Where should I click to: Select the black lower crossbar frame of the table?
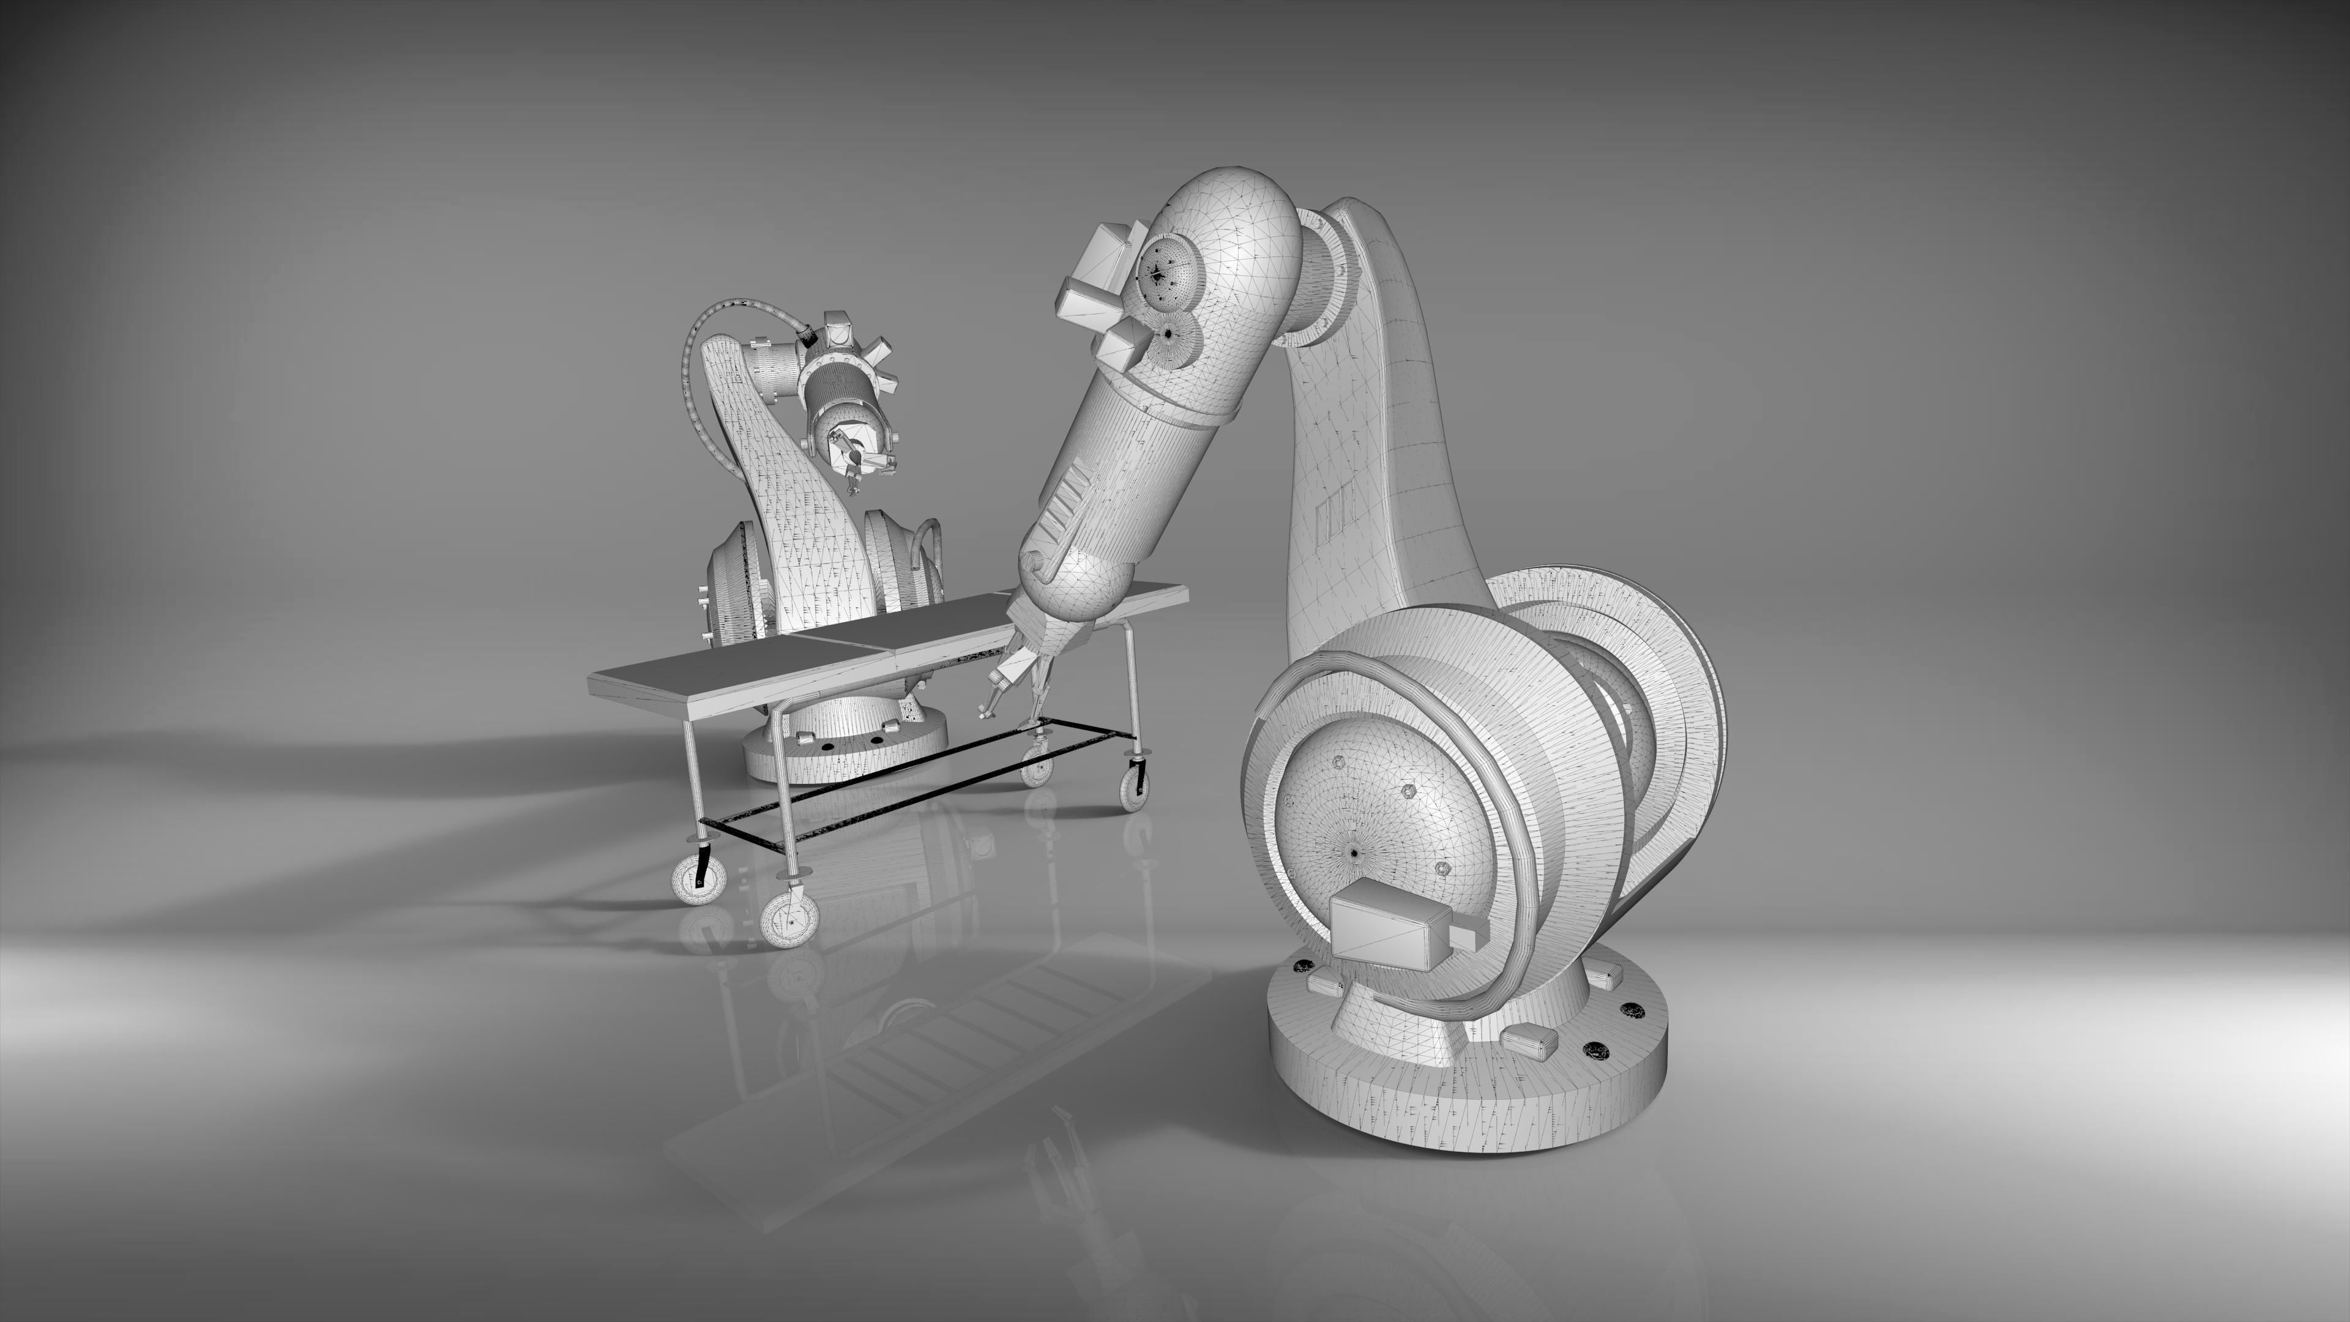(912, 785)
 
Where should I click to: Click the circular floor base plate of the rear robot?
(844, 748)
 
